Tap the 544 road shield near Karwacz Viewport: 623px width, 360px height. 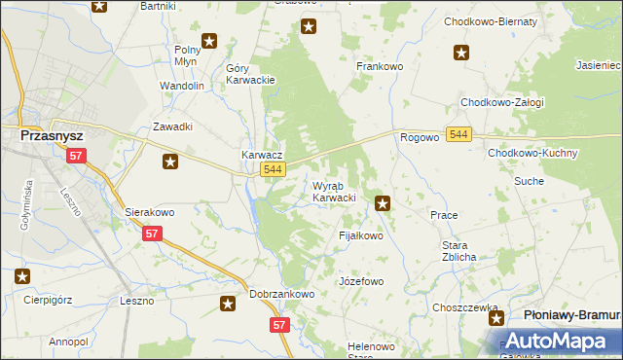(274, 170)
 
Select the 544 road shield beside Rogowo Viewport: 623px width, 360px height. (459, 133)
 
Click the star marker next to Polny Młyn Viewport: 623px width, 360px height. (209, 42)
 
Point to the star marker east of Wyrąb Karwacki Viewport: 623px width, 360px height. (384, 203)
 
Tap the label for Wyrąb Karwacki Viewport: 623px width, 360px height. (334, 192)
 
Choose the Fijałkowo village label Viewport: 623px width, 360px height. (360, 235)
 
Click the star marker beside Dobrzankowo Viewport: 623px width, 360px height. (228, 305)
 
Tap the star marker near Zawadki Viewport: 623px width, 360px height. (170, 162)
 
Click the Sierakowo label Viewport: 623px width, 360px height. (149, 211)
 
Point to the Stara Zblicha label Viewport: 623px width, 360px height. (458, 251)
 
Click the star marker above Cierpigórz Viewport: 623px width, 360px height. (21, 276)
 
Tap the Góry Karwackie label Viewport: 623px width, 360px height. (251, 75)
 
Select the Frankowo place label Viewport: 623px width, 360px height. (380, 66)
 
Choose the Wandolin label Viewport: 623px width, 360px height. (182, 86)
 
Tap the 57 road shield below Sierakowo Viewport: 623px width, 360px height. (152, 234)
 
